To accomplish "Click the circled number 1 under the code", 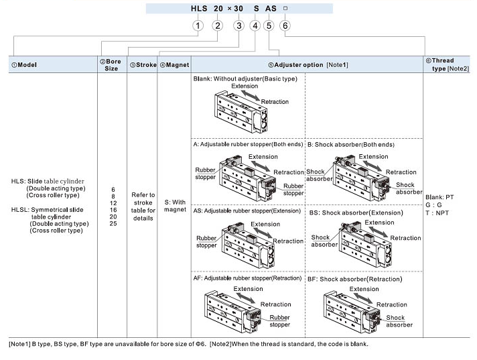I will [198, 25].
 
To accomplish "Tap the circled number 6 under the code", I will [285, 25].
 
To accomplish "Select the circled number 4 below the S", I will [254, 25].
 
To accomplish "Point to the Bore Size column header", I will [112, 64].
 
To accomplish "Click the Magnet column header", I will [174, 65].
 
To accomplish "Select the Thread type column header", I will [446, 64].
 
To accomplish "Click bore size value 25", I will [113, 223].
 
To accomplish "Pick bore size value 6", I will [113, 190].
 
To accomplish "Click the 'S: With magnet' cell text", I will [174, 205].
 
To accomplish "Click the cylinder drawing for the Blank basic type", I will [244, 113].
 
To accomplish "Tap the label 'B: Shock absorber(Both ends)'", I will [351, 144].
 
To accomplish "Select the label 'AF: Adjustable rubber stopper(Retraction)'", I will [247, 278].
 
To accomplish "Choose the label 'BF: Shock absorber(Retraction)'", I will [354, 278].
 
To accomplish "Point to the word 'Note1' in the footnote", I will [20, 345].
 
